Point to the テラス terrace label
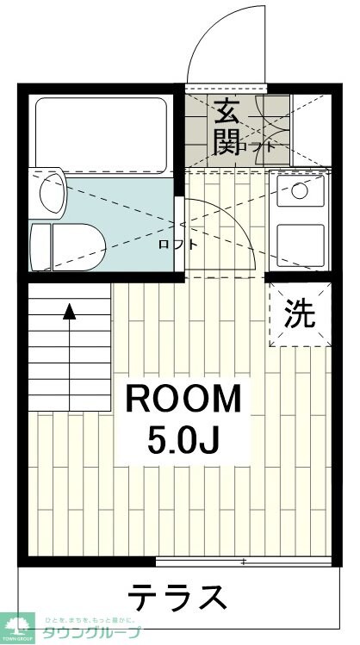point(178,597)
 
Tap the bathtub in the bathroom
point(101,129)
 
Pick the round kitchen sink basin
point(300,190)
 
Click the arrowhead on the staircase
point(70,312)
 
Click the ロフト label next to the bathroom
point(177,244)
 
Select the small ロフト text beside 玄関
point(263,146)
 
